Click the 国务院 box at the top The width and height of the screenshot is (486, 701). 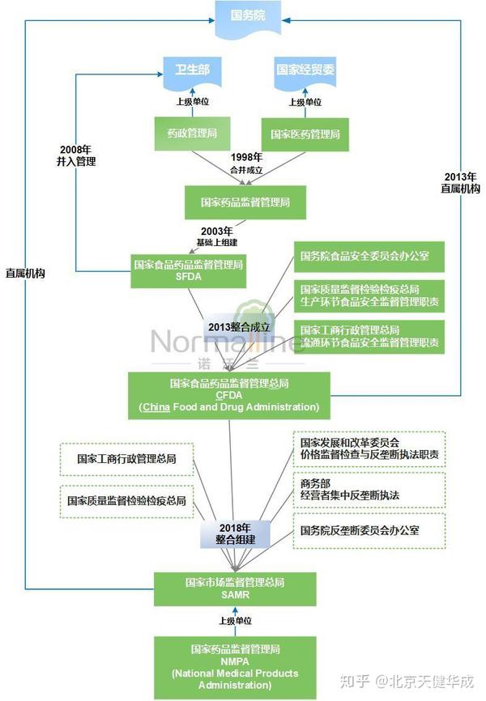pyautogui.click(x=248, y=17)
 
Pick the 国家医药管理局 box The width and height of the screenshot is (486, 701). pyautogui.click(x=305, y=133)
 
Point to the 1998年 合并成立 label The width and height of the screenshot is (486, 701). pyautogui.click(x=246, y=163)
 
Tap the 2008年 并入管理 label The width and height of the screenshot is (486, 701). pyautogui.click(x=77, y=155)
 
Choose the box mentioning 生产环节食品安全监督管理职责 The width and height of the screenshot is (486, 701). pyautogui.click(x=369, y=295)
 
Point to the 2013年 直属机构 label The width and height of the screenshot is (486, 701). pyautogui.click(x=461, y=182)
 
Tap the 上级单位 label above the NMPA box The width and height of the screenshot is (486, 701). pyautogui.click(x=235, y=621)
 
